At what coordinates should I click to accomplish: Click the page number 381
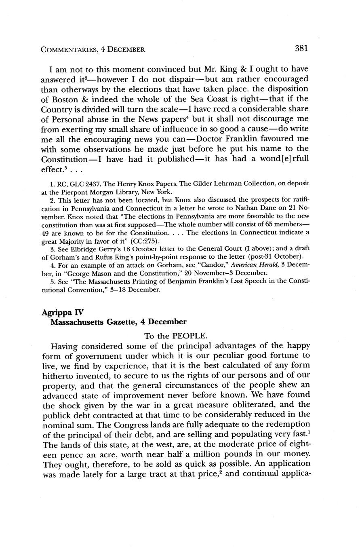301,49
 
